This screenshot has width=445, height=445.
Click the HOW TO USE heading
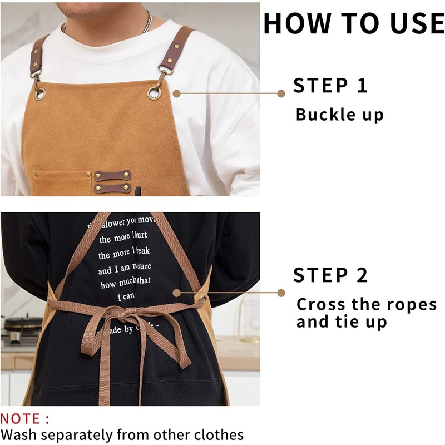point(354,23)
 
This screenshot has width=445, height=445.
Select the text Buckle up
point(339,115)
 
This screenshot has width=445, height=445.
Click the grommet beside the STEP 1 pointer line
point(154,93)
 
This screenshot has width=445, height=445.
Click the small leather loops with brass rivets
point(112,182)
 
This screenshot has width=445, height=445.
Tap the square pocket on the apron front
point(62,183)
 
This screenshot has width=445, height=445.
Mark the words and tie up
point(342,322)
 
